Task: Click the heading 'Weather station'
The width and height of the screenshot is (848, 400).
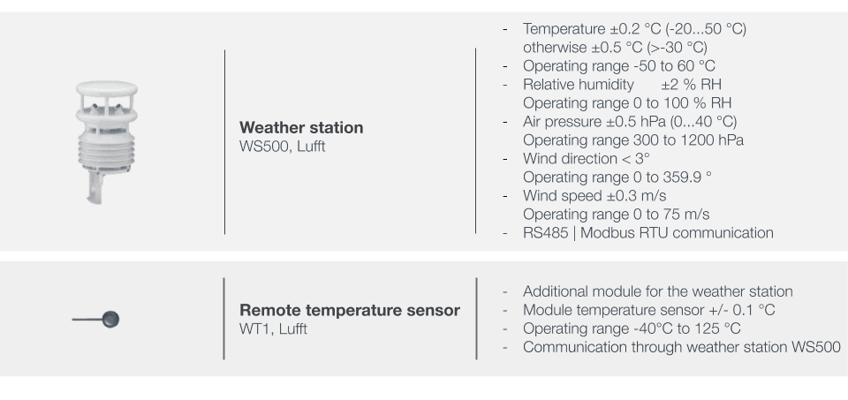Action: tap(301, 127)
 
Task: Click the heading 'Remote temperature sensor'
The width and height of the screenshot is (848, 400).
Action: tap(350, 310)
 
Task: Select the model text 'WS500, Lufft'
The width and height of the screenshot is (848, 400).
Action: tap(283, 147)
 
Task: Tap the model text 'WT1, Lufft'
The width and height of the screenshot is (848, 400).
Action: tap(273, 329)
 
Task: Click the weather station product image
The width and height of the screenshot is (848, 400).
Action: tap(106, 141)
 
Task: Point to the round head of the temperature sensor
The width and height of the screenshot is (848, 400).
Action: tap(110, 319)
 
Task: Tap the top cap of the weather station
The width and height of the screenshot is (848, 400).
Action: tap(107, 88)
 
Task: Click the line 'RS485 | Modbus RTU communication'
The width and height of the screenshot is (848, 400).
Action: tap(647, 233)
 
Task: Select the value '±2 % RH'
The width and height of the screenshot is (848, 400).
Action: tap(691, 85)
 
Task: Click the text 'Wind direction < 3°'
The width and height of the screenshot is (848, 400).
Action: tap(587, 159)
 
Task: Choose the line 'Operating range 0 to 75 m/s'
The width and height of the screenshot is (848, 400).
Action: tap(616, 215)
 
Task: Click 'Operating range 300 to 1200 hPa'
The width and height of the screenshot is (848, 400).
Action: tap(633, 140)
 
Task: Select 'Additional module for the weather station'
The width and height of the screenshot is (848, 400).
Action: tap(657, 292)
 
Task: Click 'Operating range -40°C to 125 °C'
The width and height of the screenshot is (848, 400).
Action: tap(632, 328)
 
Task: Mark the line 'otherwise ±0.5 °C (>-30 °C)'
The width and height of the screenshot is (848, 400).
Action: tap(615, 48)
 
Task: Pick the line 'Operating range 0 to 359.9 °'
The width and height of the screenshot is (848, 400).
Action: tap(617, 177)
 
